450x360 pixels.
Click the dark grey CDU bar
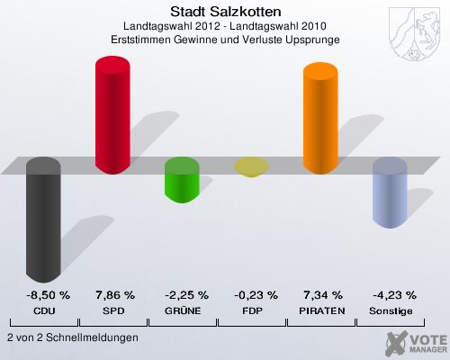point(44,220)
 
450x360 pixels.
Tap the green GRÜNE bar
point(182,180)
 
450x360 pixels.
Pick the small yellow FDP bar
point(251,166)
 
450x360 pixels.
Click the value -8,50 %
point(44,294)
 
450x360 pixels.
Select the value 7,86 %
point(114,294)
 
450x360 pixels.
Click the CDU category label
point(44,310)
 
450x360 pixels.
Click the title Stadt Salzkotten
point(225,12)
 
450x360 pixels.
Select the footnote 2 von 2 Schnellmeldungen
point(72,337)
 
